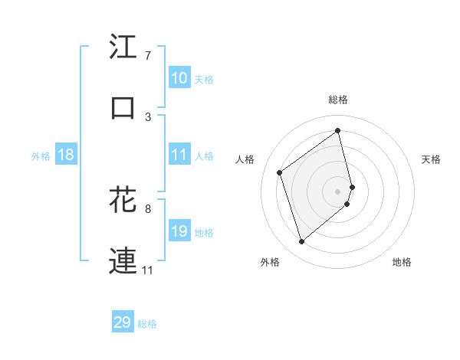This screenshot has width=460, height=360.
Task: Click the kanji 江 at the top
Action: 123,47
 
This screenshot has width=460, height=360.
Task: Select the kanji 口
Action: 123,108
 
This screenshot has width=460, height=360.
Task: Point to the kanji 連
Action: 123,260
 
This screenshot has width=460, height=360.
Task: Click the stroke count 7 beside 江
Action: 148,56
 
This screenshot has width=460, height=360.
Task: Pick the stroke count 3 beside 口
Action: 148,116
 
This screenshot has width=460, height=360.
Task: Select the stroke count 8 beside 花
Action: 148,208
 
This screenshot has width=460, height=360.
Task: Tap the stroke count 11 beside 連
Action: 148,270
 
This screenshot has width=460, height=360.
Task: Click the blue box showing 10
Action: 179,78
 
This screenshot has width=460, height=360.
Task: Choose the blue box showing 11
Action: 179,155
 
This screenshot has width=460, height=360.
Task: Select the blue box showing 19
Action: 179,231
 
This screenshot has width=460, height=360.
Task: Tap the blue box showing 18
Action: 66,155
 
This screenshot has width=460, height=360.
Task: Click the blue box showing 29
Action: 123,322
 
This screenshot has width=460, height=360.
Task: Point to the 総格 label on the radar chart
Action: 338,100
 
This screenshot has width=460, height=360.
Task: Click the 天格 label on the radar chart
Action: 432,159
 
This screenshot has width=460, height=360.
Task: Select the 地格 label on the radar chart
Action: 402,262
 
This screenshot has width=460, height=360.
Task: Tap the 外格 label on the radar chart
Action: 270,262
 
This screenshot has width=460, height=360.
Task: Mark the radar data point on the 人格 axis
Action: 280,172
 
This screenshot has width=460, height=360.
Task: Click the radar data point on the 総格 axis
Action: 338,130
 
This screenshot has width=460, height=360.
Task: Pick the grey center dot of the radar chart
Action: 338,190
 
